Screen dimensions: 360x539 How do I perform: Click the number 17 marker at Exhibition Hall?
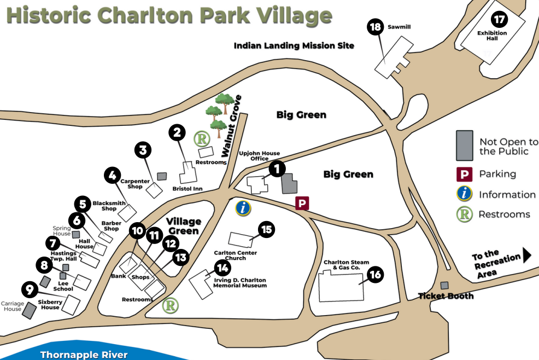(x=499, y=20)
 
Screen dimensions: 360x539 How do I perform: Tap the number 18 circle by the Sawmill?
(x=376, y=27)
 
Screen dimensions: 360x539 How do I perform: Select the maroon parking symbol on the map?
(x=302, y=204)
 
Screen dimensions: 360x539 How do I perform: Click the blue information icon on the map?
(x=243, y=208)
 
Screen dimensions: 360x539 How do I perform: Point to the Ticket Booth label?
(x=446, y=296)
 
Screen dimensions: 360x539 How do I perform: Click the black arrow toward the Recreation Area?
(x=528, y=255)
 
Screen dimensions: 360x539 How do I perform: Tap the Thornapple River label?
(x=84, y=355)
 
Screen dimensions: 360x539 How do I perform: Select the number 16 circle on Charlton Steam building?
(x=374, y=275)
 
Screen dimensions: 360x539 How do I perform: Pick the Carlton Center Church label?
(x=235, y=256)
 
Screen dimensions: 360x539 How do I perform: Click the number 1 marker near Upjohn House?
(x=277, y=169)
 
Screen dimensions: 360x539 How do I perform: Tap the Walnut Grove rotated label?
(x=231, y=126)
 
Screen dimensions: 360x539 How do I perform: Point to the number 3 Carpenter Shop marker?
(x=143, y=149)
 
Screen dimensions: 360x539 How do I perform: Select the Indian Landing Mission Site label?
(x=294, y=46)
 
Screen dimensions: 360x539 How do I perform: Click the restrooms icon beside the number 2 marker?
(x=203, y=139)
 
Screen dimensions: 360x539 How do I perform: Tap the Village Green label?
(x=184, y=226)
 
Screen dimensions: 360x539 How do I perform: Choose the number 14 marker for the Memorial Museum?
(x=222, y=268)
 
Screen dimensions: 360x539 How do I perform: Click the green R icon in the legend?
(x=464, y=214)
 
